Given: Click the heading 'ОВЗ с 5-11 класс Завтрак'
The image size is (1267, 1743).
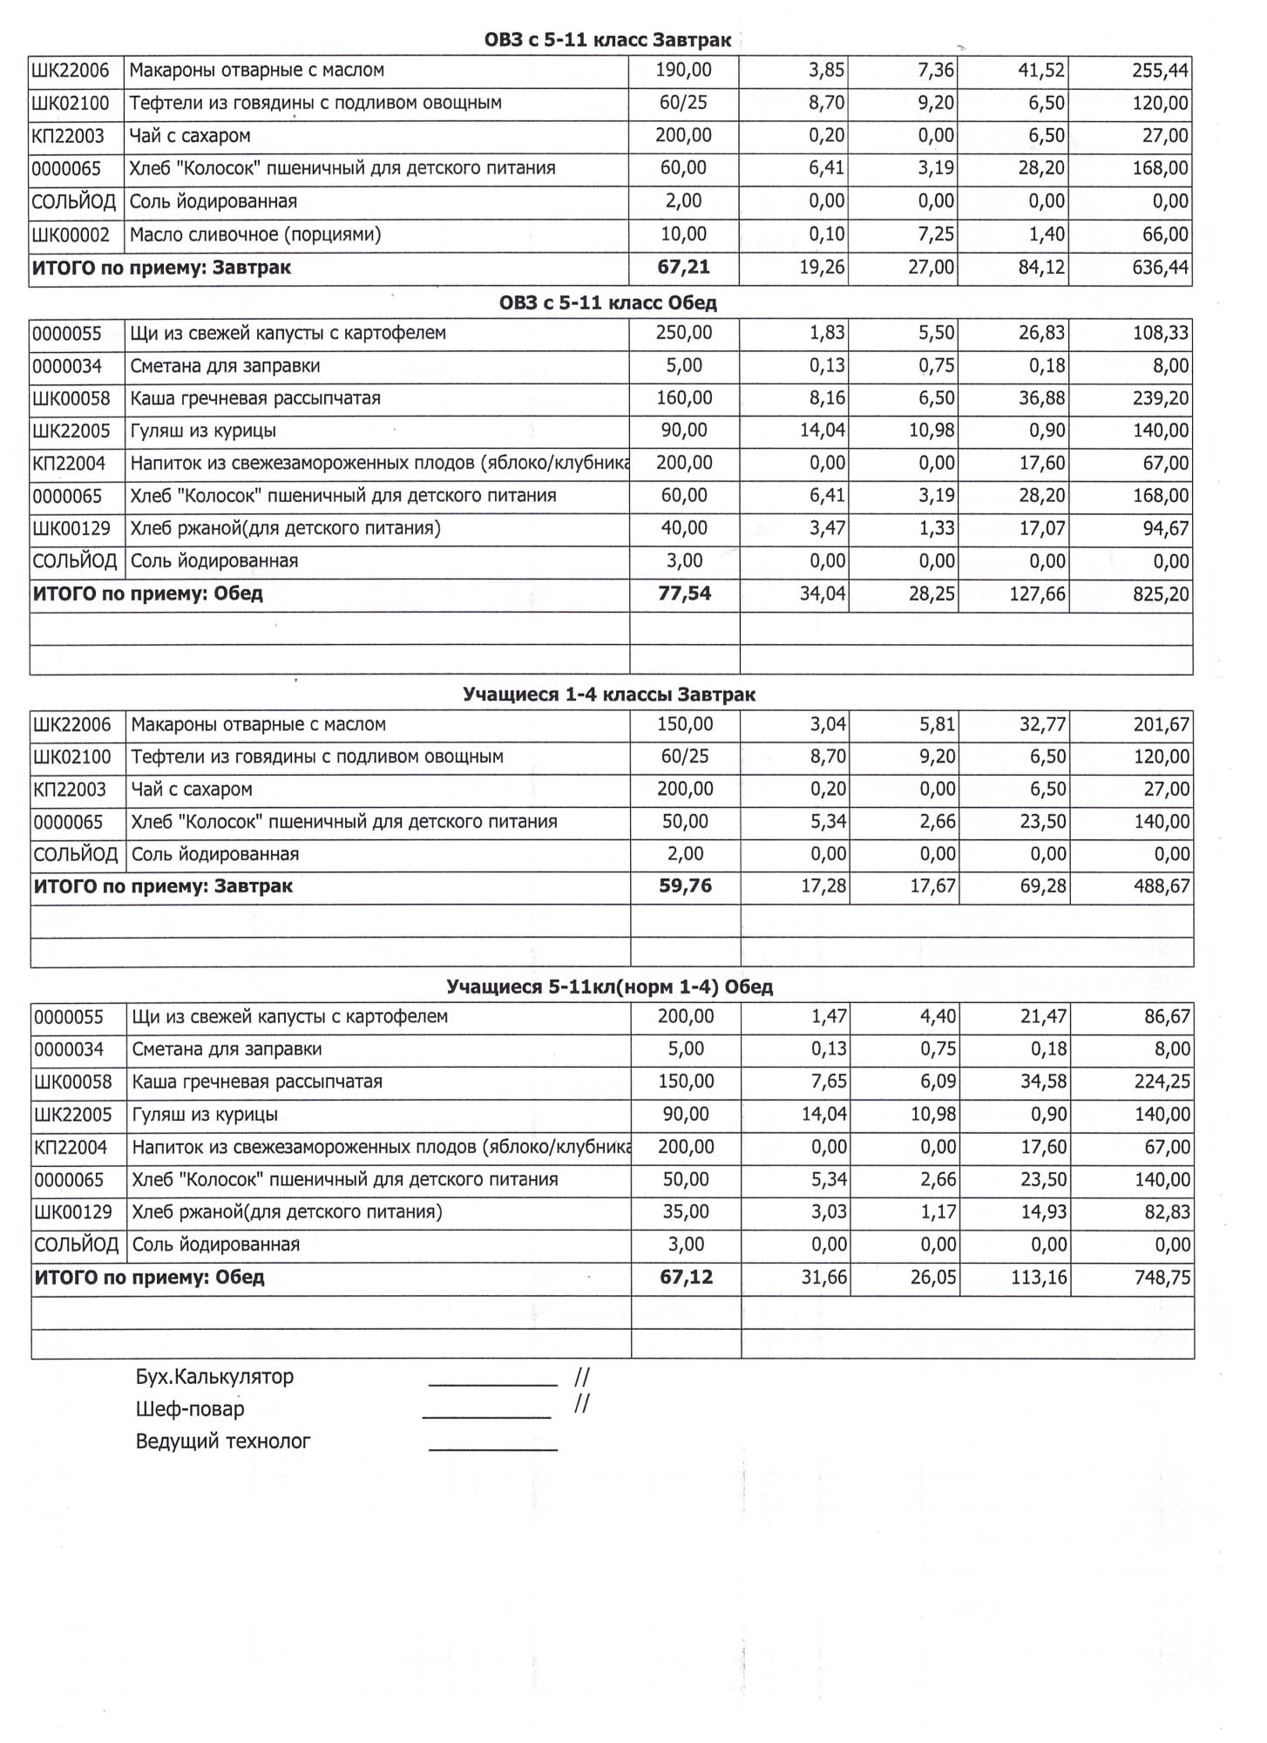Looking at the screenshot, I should pos(607,40).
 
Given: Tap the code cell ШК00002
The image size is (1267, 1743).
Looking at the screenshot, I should pos(71,234).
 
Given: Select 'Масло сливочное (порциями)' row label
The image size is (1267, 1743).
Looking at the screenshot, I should pos(255,234).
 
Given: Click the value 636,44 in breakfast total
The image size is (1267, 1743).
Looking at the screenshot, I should pos(1160,268).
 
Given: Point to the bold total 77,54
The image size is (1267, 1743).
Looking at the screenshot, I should pos(684,594).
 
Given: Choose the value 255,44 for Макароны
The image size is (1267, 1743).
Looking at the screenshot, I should pos(1160,71).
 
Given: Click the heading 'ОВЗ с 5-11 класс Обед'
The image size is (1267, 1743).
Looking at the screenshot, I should pos(607,303).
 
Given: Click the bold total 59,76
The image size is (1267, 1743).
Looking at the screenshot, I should pos(685,886).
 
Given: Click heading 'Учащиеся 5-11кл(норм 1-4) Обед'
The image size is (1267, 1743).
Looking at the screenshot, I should pos(609,987).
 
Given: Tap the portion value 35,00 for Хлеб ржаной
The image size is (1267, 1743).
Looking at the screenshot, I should pos(685,1212).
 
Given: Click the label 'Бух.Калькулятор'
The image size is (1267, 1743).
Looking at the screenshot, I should pos(214,1377).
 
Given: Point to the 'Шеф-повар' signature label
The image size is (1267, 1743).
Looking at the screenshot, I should pos(190,1409).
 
